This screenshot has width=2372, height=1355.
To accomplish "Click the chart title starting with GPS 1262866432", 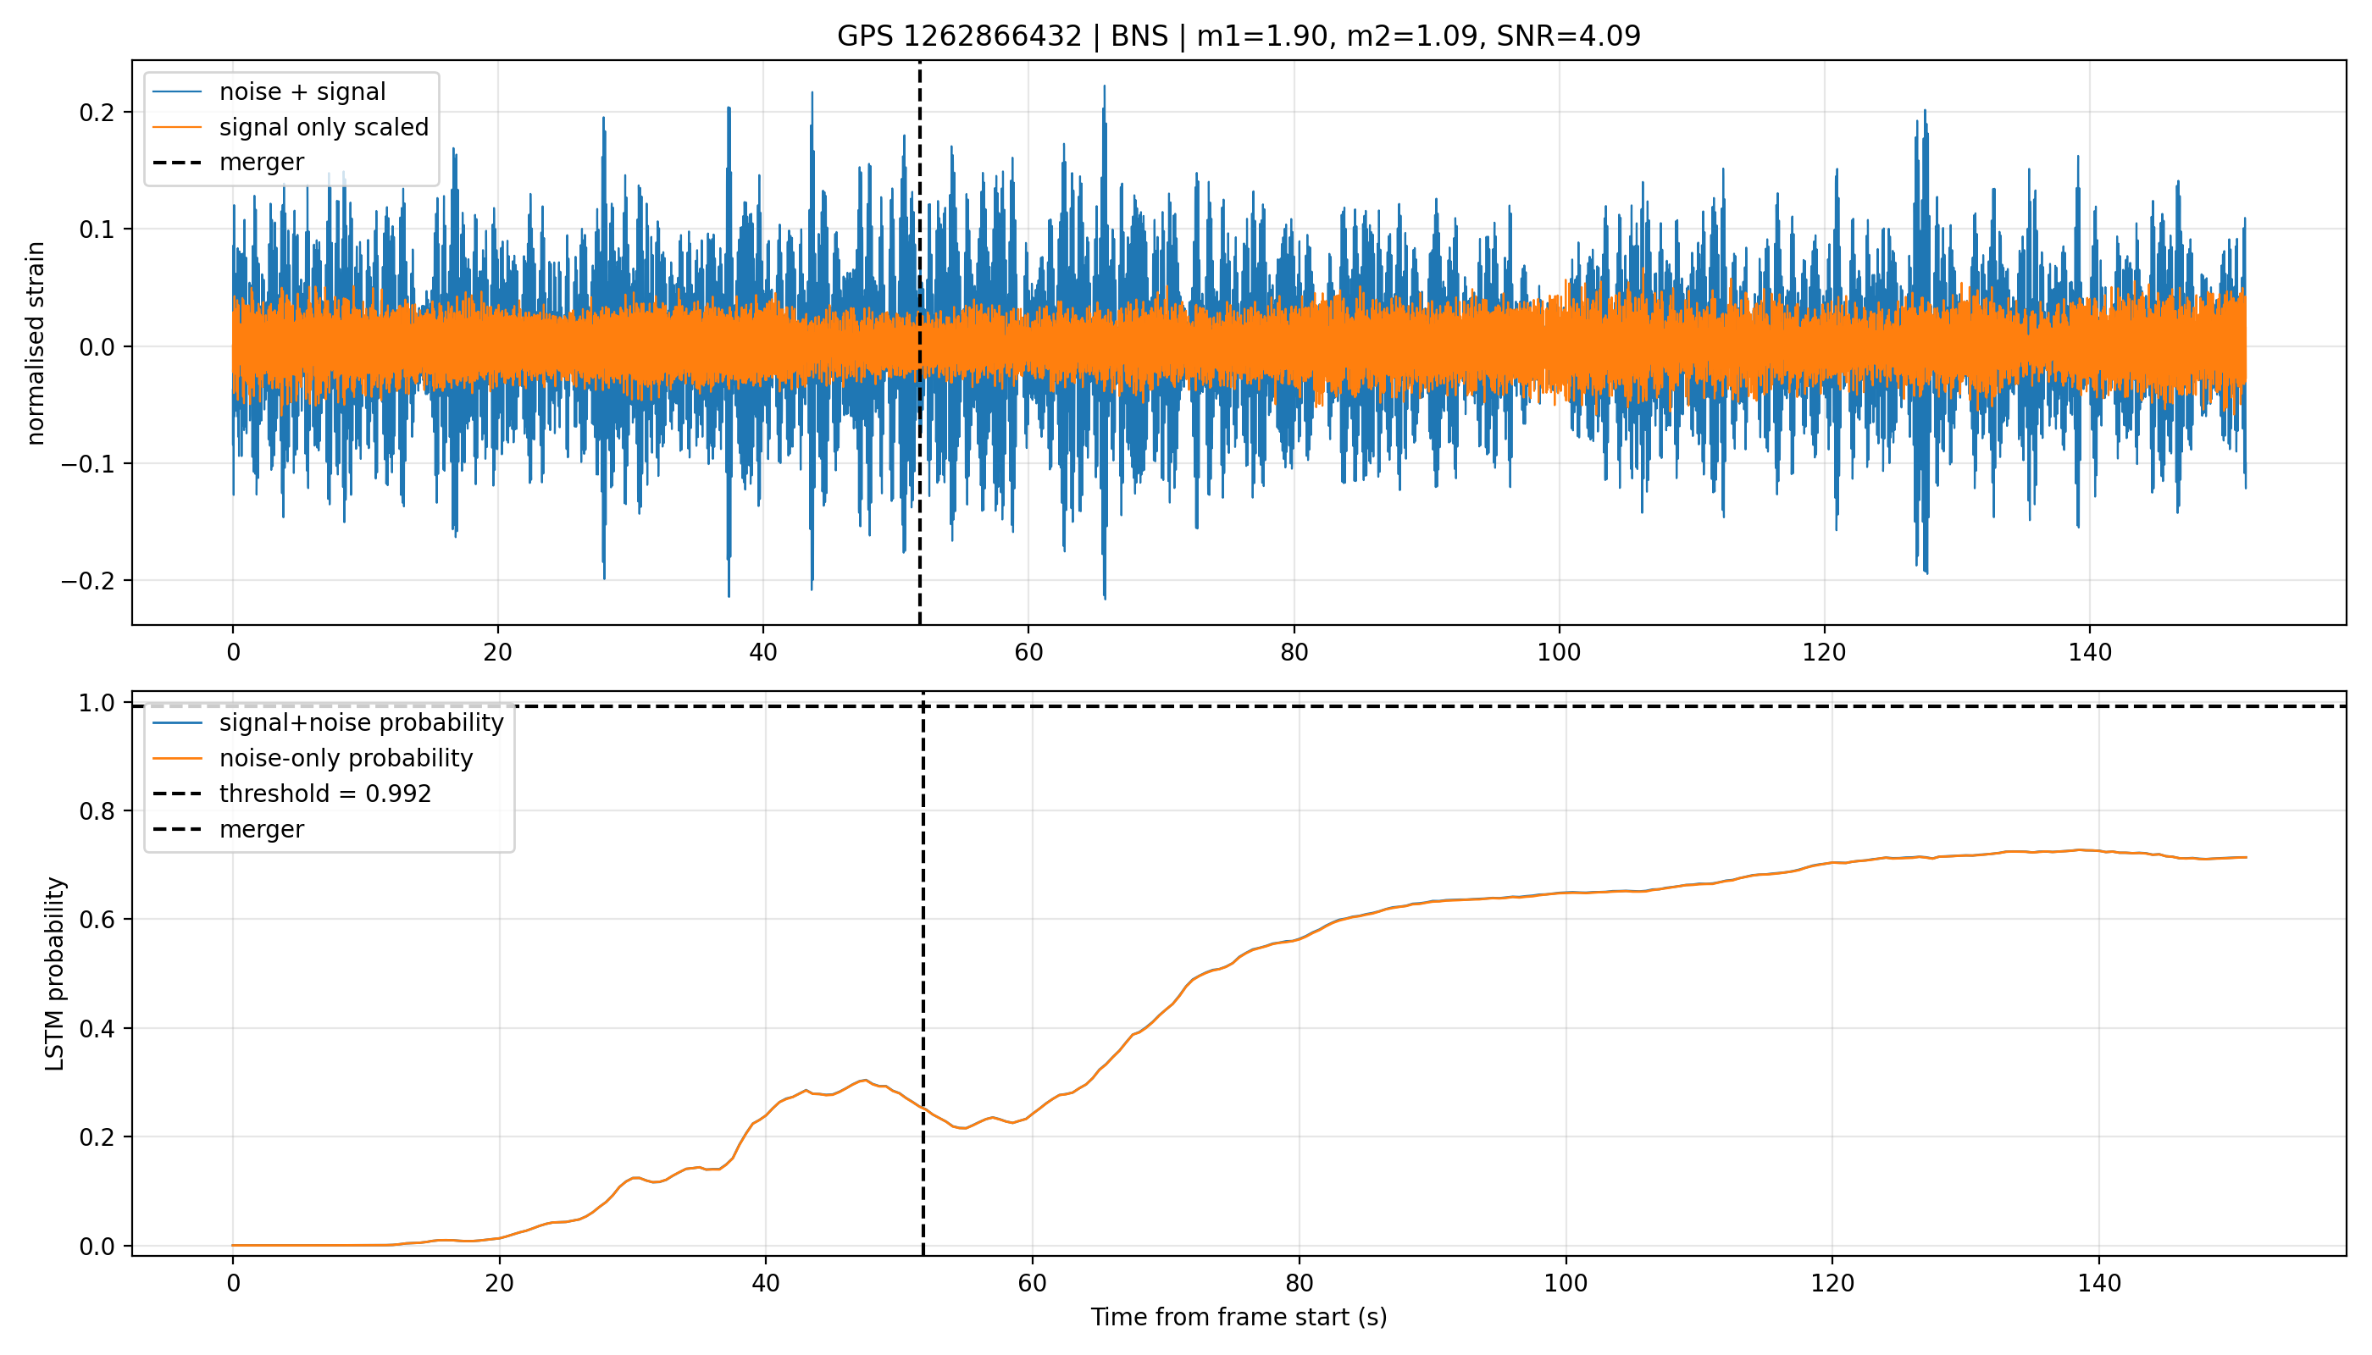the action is [1239, 36].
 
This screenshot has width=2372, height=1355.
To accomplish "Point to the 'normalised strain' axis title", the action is [36, 343].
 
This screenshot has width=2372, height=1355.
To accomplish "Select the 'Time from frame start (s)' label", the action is [1239, 1317].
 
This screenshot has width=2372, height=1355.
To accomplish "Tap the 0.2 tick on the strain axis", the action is [97, 113].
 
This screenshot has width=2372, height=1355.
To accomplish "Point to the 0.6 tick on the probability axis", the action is [97, 920].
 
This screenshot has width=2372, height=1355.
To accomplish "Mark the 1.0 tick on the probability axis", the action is [97, 703].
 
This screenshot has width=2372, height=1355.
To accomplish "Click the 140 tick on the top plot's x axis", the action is [2090, 651].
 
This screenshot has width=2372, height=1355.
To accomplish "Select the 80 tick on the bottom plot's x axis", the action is [1299, 1283].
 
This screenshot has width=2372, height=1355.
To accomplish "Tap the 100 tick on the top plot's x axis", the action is [1560, 651].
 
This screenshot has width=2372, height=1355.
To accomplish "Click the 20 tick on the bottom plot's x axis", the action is [499, 1283].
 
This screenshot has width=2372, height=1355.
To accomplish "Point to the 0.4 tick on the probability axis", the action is [97, 1028].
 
